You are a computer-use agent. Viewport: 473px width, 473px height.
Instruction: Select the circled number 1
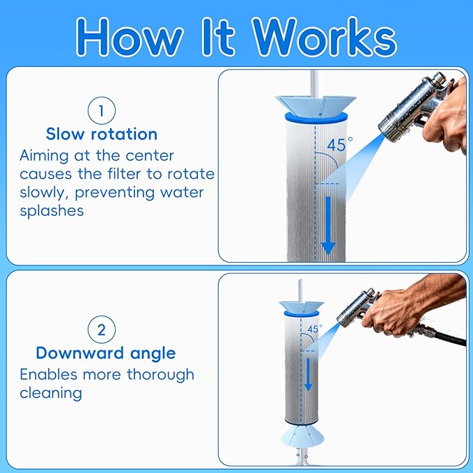click(101, 110)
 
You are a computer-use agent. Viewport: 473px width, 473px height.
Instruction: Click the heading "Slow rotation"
click(102, 134)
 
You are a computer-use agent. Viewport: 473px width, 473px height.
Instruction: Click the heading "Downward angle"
click(106, 352)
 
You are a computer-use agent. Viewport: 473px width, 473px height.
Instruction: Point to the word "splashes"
click(52, 210)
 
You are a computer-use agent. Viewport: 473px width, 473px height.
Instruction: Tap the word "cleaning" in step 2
click(51, 393)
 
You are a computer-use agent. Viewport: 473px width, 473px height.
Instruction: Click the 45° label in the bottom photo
click(314, 329)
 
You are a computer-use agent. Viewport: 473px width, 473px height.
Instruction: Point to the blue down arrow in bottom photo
click(307, 373)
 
